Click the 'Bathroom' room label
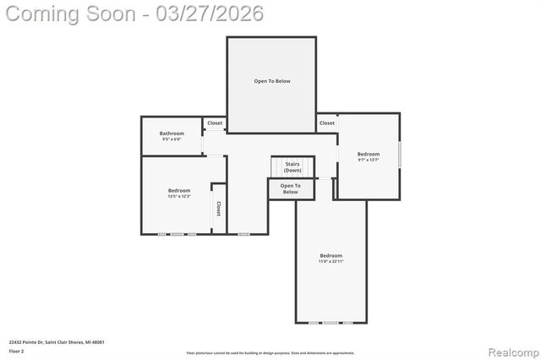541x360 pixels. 172,133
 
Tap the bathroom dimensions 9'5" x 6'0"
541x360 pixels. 172,139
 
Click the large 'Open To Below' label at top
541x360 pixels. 272,81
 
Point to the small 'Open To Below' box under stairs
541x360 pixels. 290,188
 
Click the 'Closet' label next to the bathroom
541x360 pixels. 215,123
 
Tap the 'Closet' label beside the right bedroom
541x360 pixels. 327,123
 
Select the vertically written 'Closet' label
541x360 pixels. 218,208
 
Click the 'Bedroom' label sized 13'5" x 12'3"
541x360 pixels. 179,190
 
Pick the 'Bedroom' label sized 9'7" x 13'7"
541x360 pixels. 369,154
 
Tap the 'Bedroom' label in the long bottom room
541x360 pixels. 331,255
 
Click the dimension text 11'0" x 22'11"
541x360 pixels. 331,262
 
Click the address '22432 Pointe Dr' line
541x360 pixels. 57,341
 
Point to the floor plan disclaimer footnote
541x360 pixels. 270,352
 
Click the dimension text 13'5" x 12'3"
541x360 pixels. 179,197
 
